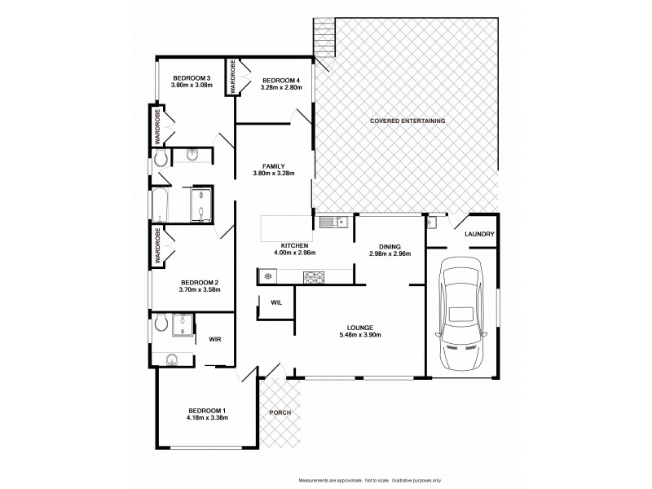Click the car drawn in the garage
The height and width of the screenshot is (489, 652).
[x=461, y=317]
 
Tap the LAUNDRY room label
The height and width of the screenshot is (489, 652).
[x=479, y=235]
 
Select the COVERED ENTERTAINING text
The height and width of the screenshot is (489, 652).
[x=407, y=121]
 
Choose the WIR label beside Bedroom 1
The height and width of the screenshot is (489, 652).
[x=216, y=339]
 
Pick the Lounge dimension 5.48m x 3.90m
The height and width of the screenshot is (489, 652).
[x=360, y=335]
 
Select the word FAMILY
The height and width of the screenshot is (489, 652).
[x=273, y=165]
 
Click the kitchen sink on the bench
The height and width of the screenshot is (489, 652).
[x=333, y=222]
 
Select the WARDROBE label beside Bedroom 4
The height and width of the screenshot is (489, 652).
[x=231, y=76]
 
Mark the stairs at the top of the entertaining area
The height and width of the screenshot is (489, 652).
[x=323, y=37]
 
